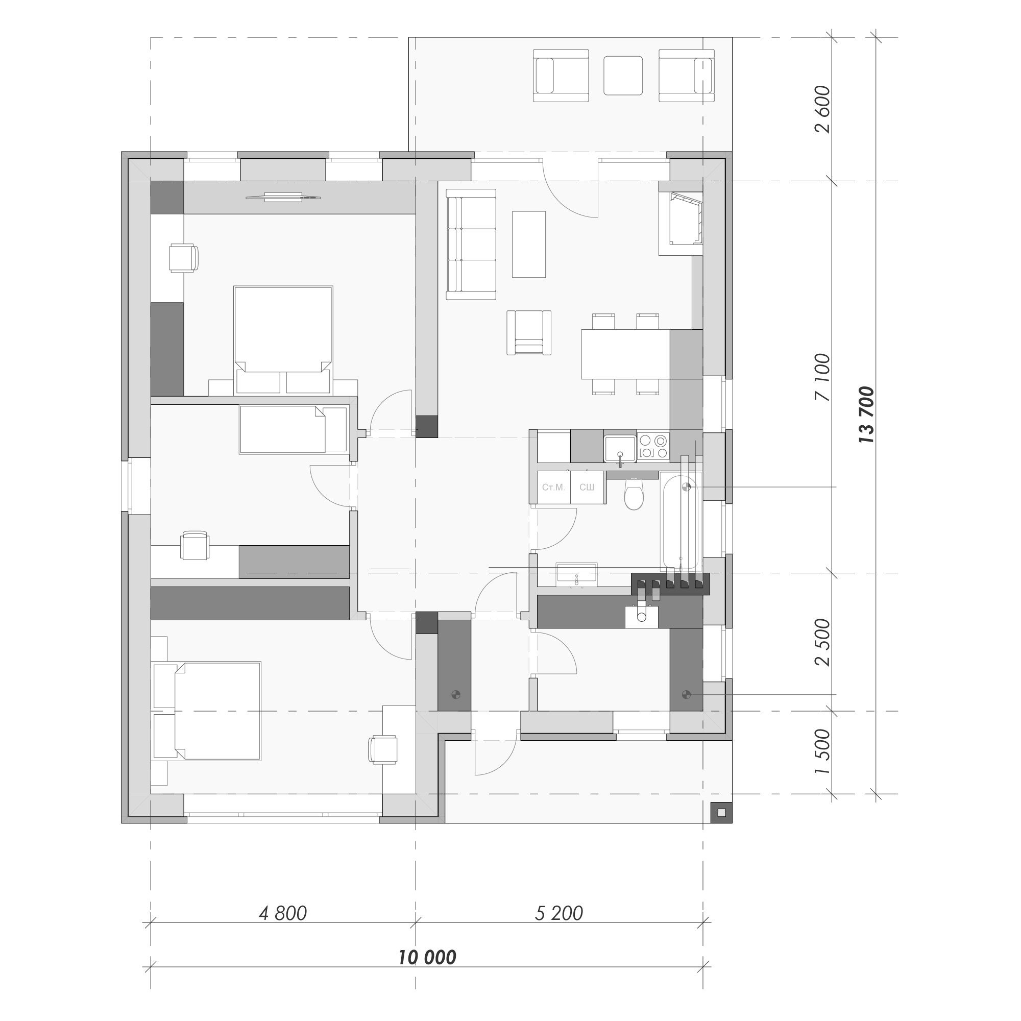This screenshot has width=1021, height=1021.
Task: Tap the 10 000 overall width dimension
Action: (427, 957)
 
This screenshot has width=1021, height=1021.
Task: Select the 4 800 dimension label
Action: (283, 913)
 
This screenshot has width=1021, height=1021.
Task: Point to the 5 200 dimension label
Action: (558, 913)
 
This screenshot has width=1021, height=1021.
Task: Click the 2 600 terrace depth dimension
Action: (823, 109)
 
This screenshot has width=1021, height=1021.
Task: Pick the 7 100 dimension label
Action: (823, 377)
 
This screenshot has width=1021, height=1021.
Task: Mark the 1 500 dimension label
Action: (823, 752)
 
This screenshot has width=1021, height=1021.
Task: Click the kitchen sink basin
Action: (620, 448)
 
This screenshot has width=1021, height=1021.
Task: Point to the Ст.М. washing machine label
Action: (553, 487)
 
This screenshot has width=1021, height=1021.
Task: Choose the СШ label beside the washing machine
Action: (587, 487)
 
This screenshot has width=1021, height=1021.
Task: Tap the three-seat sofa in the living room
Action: (471, 244)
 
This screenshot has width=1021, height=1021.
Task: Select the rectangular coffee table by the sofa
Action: (528, 244)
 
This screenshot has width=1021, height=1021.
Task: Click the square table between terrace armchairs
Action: (623, 76)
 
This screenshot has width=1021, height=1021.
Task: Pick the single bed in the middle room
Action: (293, 429)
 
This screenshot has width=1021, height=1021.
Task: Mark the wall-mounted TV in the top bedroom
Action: (283, 197)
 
